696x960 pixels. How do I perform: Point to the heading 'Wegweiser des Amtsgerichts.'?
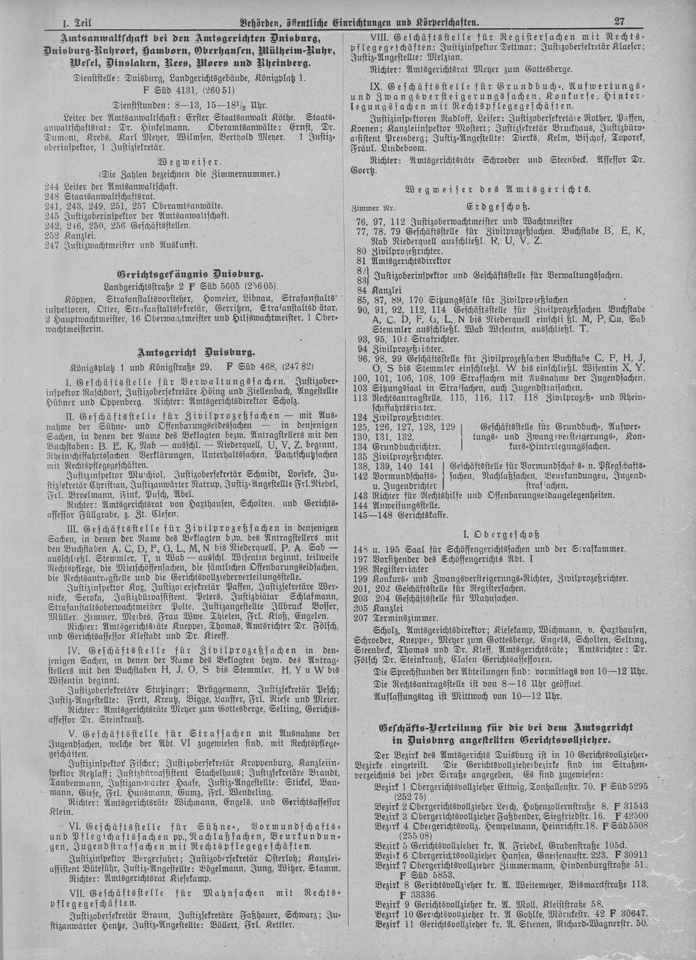point(497,189)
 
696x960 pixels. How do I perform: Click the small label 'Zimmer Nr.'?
point(373,209)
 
